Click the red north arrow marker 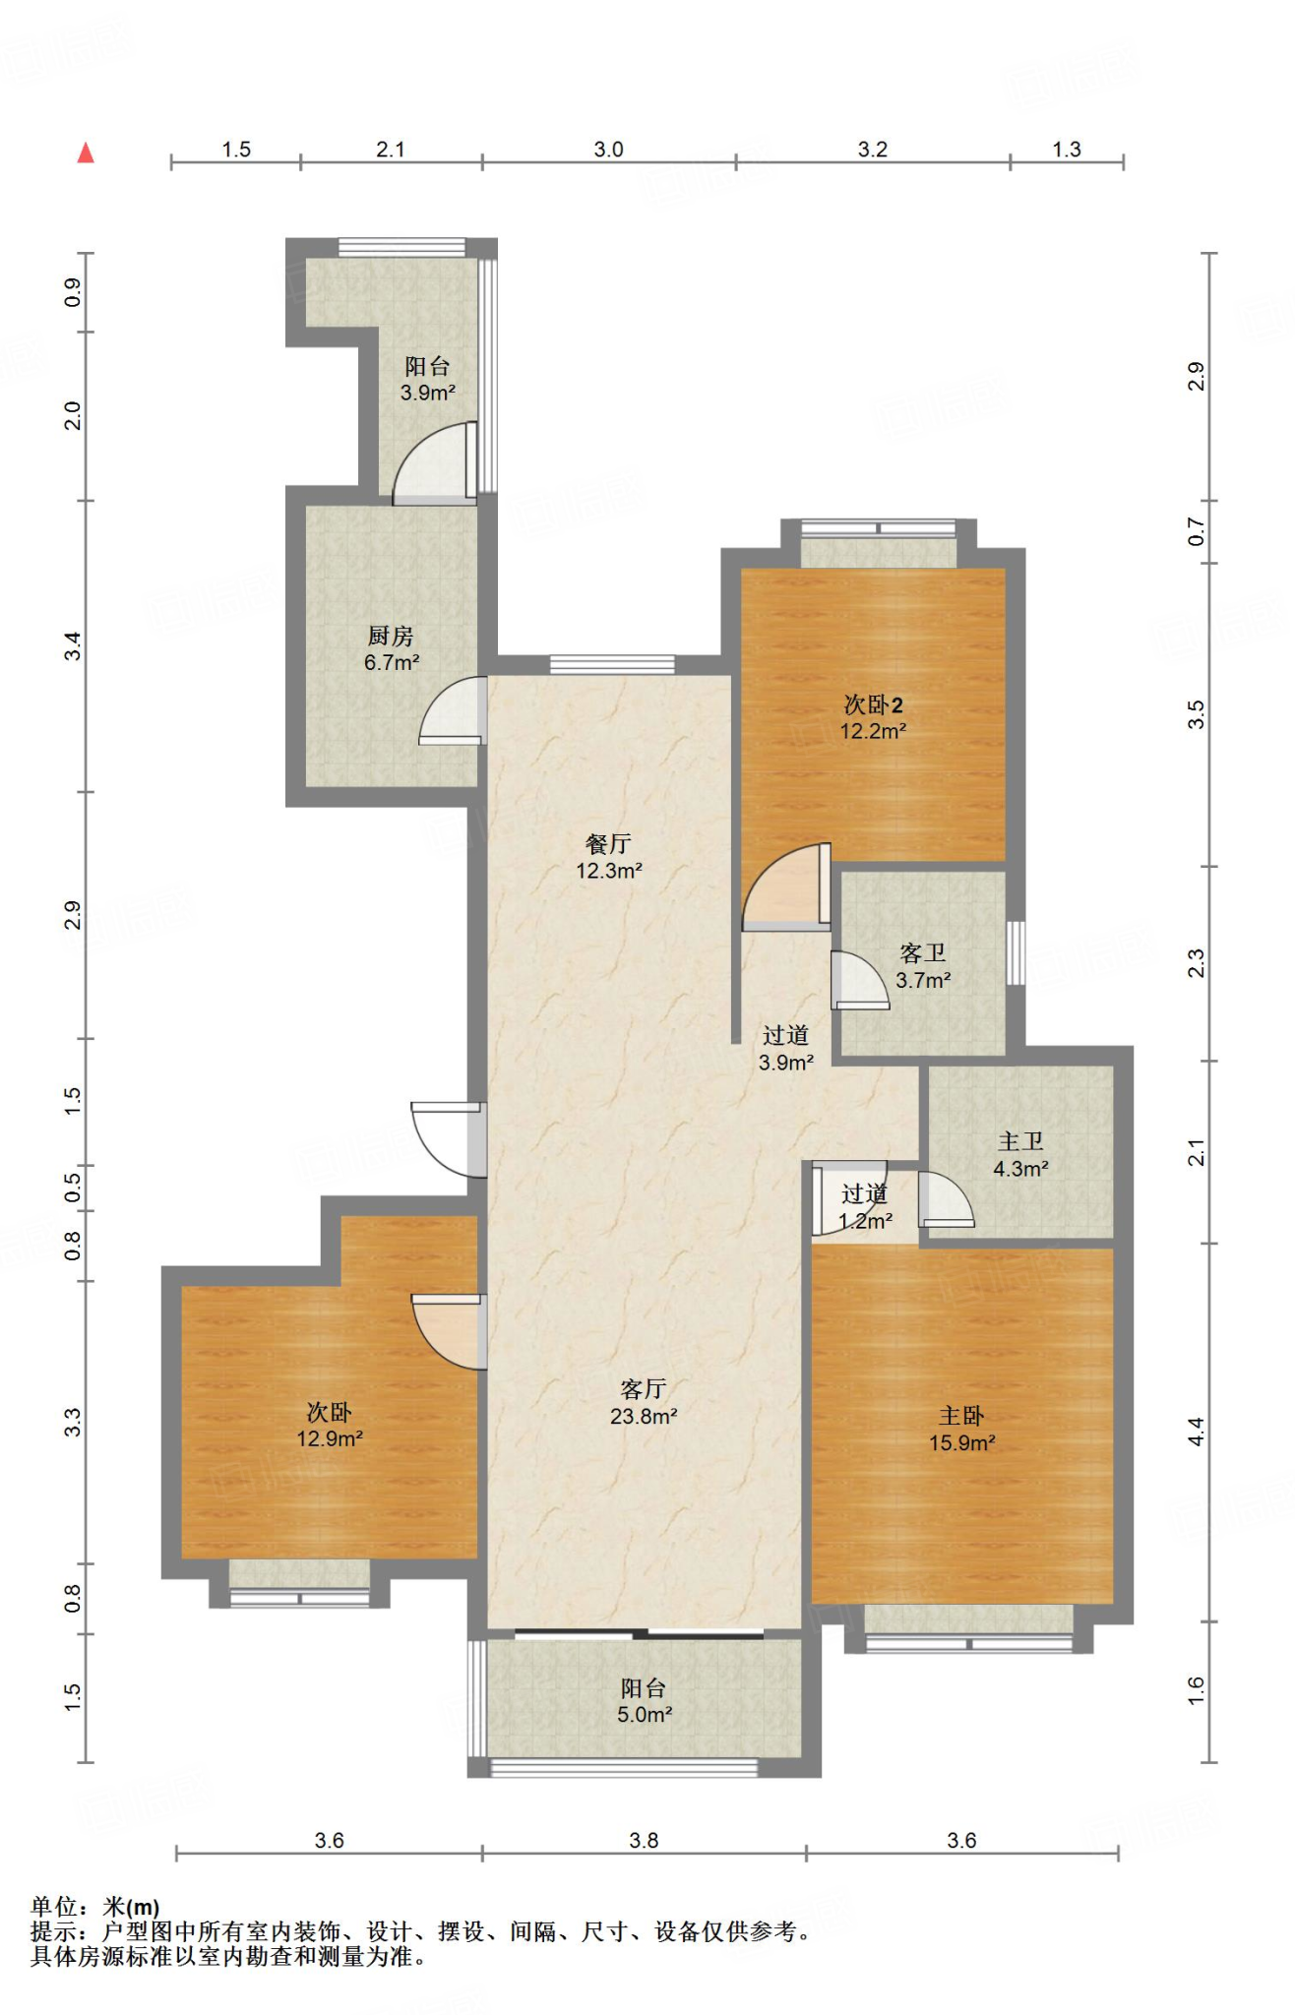(x=87, y=153)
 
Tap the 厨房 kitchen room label (x=391, y=637)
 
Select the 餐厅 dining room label (x=608, y=844)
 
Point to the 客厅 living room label (x=644, y=1389)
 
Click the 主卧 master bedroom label (x=961, y=1416)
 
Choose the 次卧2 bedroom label (x=874, y=704)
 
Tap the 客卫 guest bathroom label (x=923, y=953)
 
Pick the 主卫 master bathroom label (x=1020, y=1142)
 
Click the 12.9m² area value (x=331, y=1438)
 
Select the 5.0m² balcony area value (x=645, y=1715)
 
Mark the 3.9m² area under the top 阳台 (x=427, y=393)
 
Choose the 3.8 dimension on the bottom (x=644, y=1840)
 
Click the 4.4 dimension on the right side (x=1196, y=1432)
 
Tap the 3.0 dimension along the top (x=608, y=150)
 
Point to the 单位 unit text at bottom (x=53, y=1907)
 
